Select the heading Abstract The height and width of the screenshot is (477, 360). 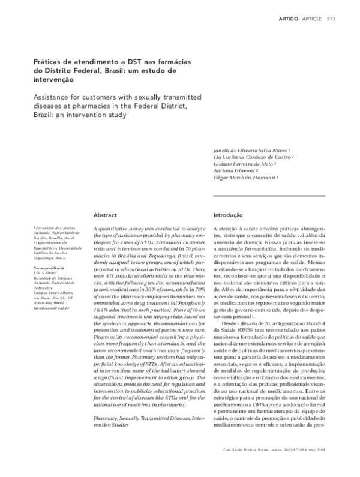coord(106,214)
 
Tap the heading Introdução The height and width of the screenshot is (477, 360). coord(228,214)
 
